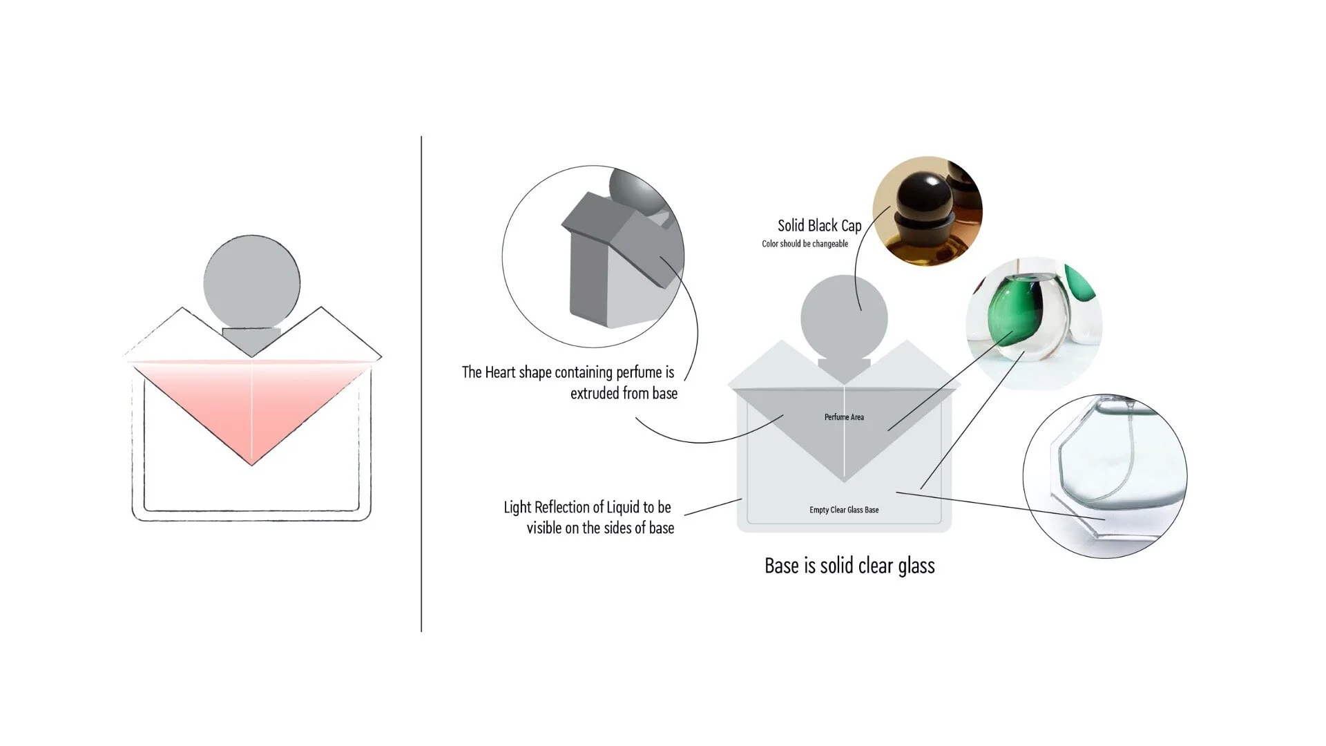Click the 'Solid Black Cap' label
click(820, 226)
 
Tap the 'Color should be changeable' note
click(805, 244)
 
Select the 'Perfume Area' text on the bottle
click(844, 417)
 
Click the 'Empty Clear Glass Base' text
click(844, 510)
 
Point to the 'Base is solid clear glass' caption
click(849, 566)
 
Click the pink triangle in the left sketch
click(253, 408)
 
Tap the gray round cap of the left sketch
click(252, 283)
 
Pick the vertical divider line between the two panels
click(421, 384)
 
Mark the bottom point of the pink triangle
click(253, 466)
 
